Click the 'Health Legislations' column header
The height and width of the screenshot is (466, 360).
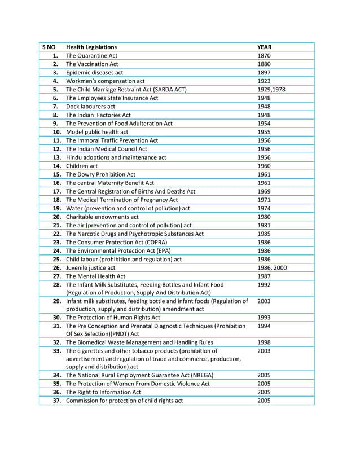(x=91, y=47)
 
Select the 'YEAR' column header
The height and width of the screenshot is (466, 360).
(x=265, y=47)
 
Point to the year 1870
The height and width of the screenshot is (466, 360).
(x=265, y=56)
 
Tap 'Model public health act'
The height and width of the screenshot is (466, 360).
(x=96, y=132)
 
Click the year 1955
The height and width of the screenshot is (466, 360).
(x=265, y=132)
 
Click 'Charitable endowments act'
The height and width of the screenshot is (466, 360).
(x=102, y=217)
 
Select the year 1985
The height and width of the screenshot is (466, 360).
(x=265, y=234)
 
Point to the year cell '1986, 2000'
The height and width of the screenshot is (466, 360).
(x=272, y=267)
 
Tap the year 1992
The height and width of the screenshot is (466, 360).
(x=265, y=285)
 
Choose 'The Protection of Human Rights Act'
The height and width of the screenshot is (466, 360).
(x=113, y=318)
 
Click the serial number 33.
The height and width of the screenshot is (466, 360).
(x=56, y=351)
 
